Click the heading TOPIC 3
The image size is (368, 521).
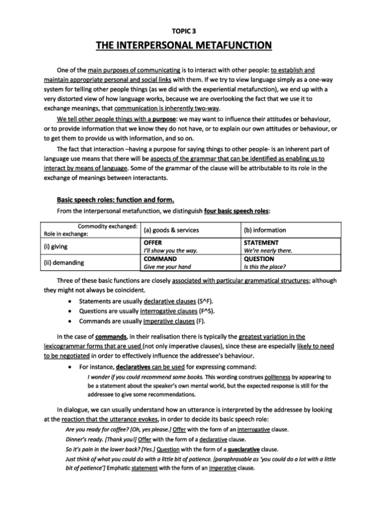(184, 29)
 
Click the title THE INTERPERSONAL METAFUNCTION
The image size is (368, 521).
(184, 44)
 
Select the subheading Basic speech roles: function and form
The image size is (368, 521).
(115, 199)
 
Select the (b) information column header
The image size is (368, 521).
(265, 230)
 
